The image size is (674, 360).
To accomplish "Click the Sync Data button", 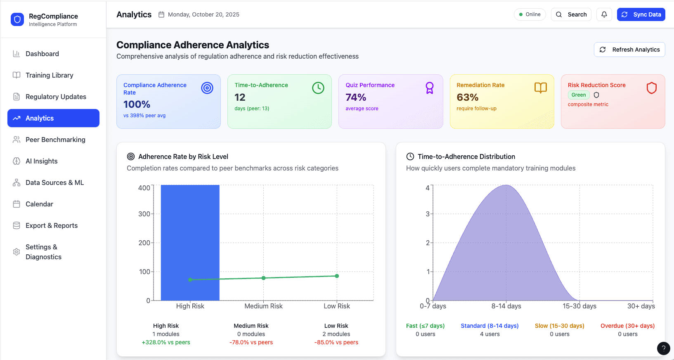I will tap(641, 14).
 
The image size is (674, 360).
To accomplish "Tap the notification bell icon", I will tap(604, 14).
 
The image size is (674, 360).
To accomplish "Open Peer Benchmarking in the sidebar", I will tap(55, 140).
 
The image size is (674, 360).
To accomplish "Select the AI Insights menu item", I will tap(41, 161).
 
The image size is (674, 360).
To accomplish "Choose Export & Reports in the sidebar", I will tap(52, 225).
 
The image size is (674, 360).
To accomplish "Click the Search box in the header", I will tap(571, 14).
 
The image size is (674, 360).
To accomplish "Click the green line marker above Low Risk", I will tap(337, 276).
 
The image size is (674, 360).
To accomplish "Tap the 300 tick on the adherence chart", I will tap(144, 214).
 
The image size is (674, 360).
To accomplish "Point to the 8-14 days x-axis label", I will tap(506, 306).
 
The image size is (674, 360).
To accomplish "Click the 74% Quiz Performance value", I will tap(356, 97).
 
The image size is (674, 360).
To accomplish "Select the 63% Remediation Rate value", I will tap(467, 97).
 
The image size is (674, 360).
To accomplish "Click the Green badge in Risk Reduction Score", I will tap(578, 95).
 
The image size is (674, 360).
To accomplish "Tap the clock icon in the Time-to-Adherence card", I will tap(318, 88).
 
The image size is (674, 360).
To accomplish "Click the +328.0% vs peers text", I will tap(166, 342).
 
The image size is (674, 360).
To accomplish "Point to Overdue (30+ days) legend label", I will tap(627, 326).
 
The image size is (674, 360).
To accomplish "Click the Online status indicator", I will tap(530, 14).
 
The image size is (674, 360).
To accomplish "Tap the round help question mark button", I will tap(663, 348).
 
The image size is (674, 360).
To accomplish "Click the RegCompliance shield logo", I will tap(17, 19).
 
